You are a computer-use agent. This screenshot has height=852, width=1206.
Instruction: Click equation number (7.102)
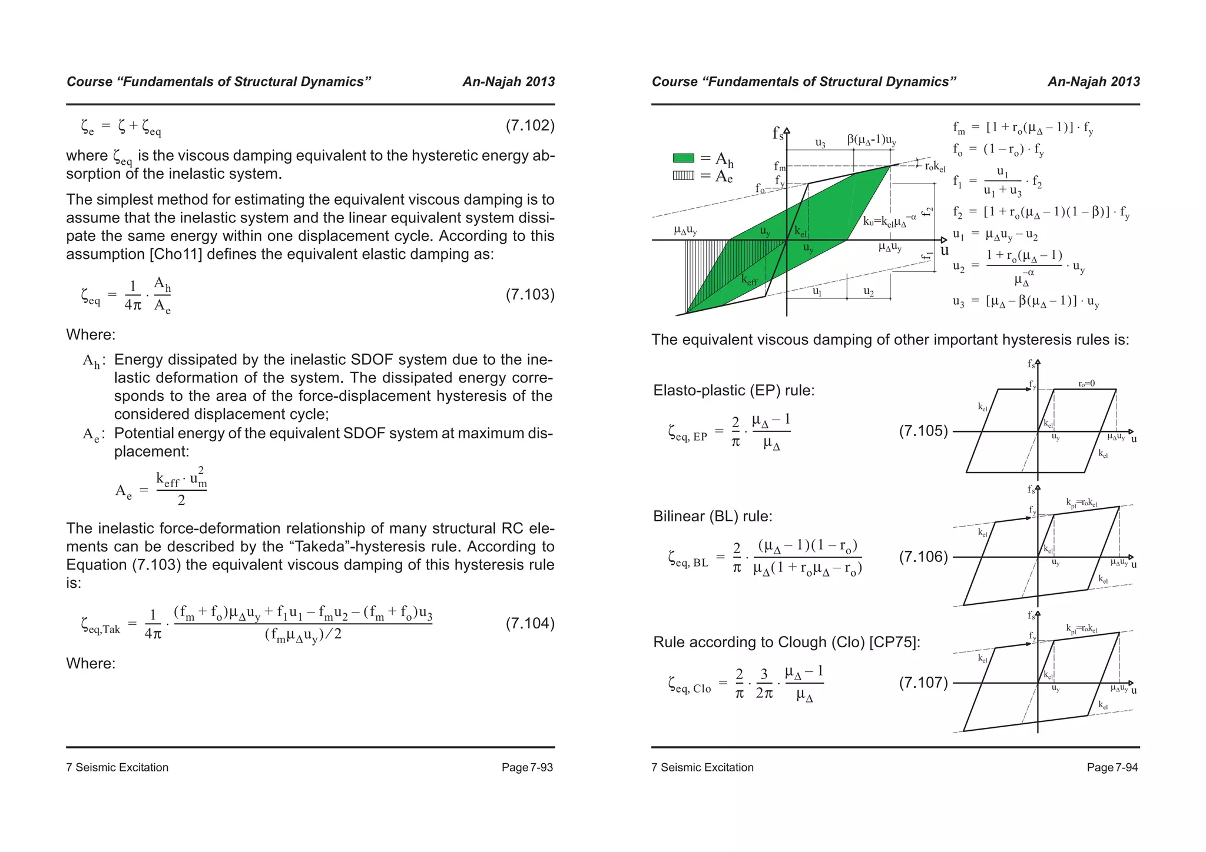tap(529, 126)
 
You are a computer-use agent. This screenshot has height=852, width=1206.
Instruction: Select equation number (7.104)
tap(529, 624)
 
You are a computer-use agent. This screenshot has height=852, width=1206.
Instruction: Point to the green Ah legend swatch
tap(684, 158)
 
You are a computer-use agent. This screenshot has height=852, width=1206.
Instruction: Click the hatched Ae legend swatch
tap(684, 175)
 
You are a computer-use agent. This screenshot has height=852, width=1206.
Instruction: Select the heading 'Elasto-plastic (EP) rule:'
tap(734, 391)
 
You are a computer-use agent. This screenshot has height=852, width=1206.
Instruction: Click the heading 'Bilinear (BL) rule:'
tap(713, 517)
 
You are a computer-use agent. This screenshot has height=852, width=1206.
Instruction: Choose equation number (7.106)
tap(923, 557)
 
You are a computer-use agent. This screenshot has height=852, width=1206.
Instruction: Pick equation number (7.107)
tap(923, 683)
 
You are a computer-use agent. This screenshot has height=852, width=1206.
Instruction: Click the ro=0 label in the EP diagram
tap(1086, 384)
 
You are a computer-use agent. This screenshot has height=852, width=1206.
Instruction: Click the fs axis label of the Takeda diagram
tap(778, 134)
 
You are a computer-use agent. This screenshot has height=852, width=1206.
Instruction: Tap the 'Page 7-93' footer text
tap(527, 767)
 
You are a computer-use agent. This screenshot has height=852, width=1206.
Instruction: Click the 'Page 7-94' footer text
tap(1112, 767)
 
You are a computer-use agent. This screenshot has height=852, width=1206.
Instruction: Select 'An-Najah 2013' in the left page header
tap(508, 82)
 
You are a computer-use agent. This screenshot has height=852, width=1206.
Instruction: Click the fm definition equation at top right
tap(1023, 128)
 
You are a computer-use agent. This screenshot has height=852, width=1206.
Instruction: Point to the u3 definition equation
tap(1026, 302)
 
